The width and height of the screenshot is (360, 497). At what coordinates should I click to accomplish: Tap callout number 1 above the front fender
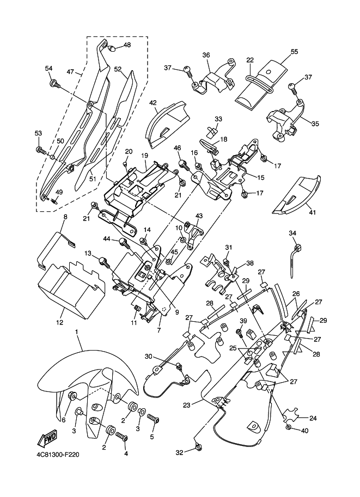coord(77,332)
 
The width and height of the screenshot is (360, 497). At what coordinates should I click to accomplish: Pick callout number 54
coord(49,68)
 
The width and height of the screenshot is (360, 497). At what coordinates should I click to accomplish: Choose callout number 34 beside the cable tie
coord(293,233)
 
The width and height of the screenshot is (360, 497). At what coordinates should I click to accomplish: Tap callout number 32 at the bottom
coord(179,452)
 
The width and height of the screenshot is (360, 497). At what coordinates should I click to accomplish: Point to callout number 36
coord(206,56)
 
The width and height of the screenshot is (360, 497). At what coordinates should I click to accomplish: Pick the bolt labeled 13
coord(103,261)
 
